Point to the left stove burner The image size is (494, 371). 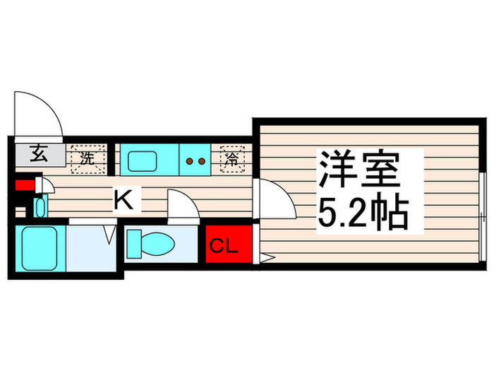(x=189, y=161)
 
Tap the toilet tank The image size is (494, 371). (x=133, y=244)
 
